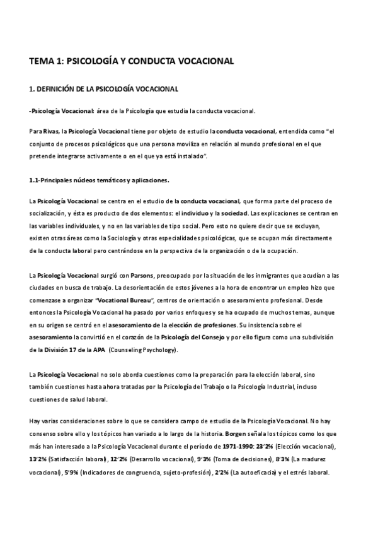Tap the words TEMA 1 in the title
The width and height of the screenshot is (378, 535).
[48, 61]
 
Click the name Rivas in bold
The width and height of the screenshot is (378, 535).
[53, 132]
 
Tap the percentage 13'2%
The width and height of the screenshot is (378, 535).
[38, 459]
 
